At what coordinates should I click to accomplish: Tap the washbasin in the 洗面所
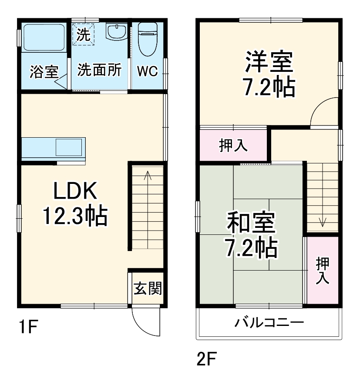[x=116, y=32]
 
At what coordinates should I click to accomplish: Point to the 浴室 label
[x=44, y=71]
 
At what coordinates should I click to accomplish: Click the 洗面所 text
[x=100, y=70]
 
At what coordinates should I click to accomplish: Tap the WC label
[x=148, y=71]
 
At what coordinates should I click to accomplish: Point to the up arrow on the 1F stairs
[x=148, y=176]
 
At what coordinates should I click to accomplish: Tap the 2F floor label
[x=206, y=360]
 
